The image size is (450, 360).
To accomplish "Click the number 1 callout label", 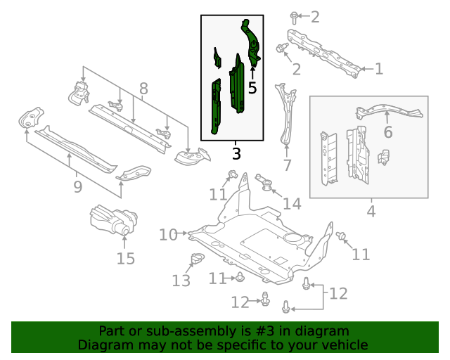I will pyautogui.click(x=378, y=69).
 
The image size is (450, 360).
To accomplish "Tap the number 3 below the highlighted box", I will pyautogui.click(x=236, y=153).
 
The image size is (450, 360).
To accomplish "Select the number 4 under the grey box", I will pyautogui.click(x=371, y=210).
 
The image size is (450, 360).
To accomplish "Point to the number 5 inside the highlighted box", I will pyautogui.click(x=252, y=89).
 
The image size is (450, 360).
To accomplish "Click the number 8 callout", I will pyautogui.click(x=143, y=89).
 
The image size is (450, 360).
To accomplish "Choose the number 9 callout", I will pyautogui.click(x=77, y=186).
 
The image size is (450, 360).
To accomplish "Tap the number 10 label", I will pyautogui.click(x=167, y=234).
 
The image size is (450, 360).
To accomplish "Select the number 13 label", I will pyautogui.click(x=181, y=281).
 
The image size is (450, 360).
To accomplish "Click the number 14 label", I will pyautogui.click(x=291, y=204).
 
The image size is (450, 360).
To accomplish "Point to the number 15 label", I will pyautogui.click(x=125, y=259).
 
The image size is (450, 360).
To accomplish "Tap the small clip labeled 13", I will pyautogui.click(x=196, y=259).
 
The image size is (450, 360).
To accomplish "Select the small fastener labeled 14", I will pyautogui.click(x=266, y=182).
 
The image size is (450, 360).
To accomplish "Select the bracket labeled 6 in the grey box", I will pyautogui.click(x=387, y=111).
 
